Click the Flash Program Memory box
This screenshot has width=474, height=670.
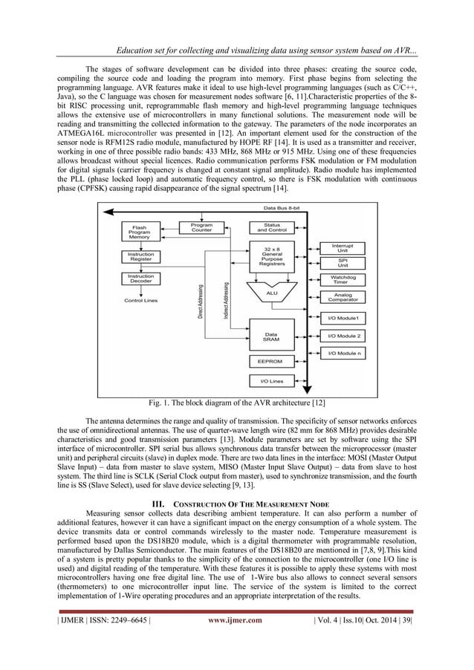click(139, 232)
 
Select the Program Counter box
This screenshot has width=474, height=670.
click(201, 228)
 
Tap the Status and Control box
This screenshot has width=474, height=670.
click(271, 228)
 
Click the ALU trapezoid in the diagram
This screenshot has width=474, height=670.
click(271, 293)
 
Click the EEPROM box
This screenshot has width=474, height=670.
click(271, 362)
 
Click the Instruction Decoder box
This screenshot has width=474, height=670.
click(139, 279)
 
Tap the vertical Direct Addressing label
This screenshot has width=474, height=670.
click(201, 301)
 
